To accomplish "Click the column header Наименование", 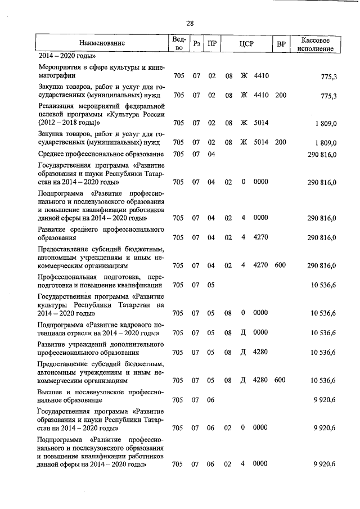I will click(x=102, y=43).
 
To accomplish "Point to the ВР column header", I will click(x=281, y=43).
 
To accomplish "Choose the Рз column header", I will click(x=195, y=43).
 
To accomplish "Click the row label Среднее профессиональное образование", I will click(x=101, y=154).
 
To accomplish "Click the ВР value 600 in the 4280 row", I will click(x=281, y=380).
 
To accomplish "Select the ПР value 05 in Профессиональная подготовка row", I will click(x=211, y=285).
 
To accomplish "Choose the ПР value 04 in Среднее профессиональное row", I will click(x=211, y=154).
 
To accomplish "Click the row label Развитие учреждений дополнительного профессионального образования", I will click(x=101, y=348).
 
